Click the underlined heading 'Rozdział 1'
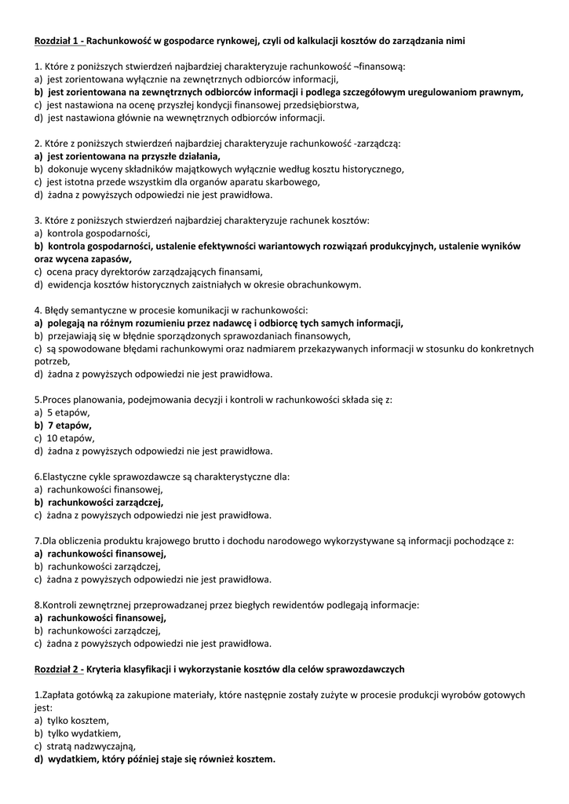pyautogui.click(x=59, y=40)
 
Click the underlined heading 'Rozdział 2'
pyautogui.click(x=59, y=669)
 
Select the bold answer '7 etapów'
pyautogui.click(x=70, y=425)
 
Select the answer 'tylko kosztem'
pyautogui.click(x=78, y=720)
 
